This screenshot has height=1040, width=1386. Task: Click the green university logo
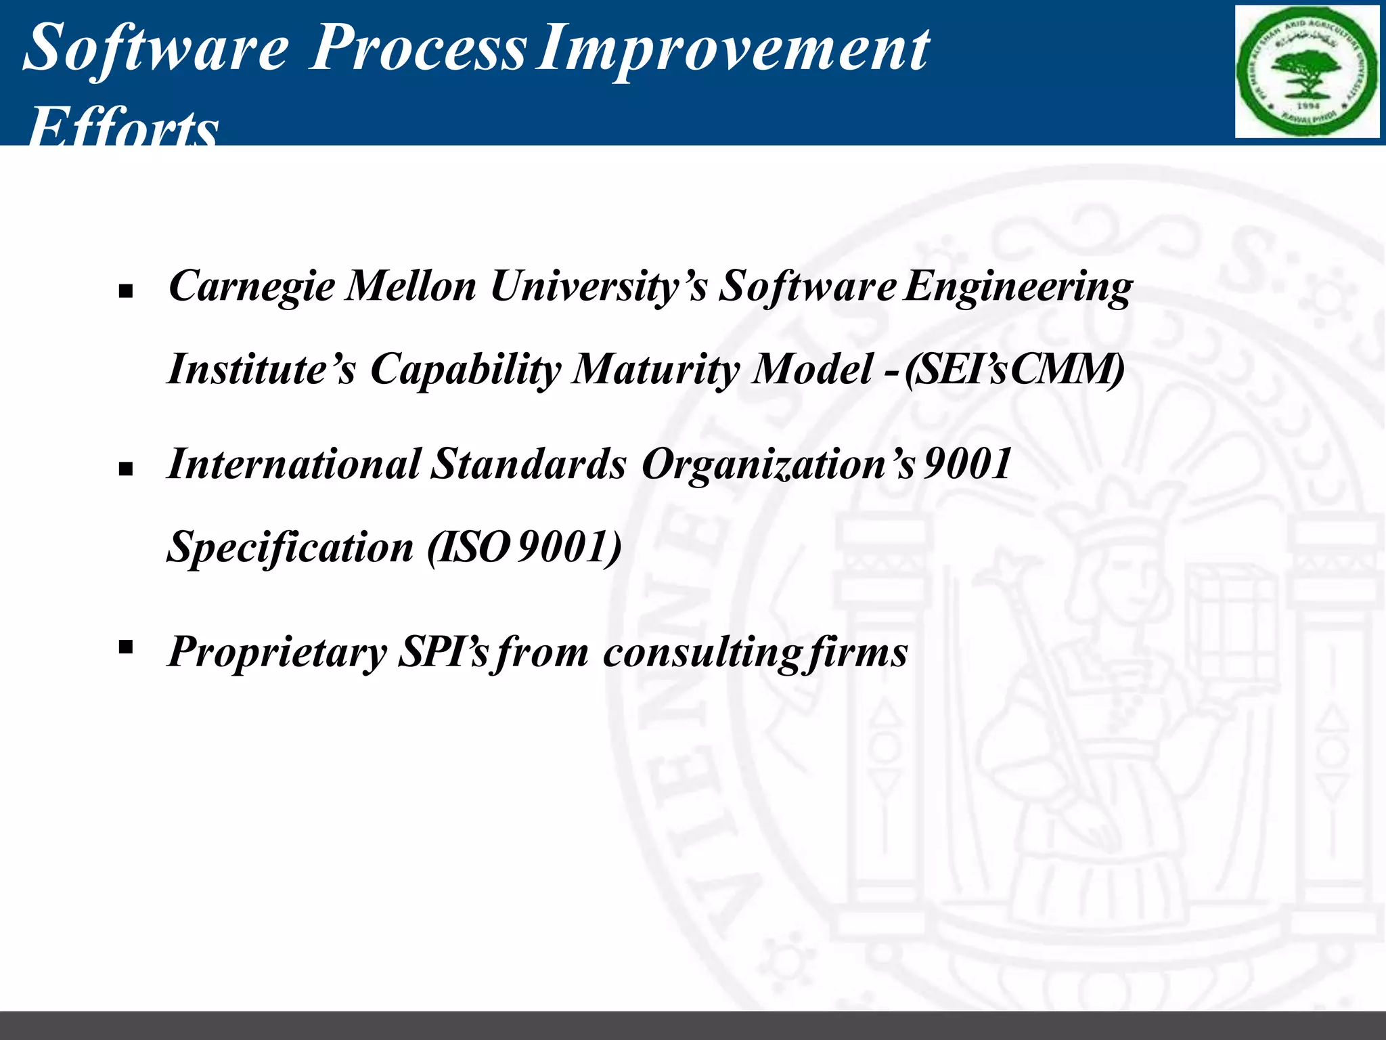[1306, 72]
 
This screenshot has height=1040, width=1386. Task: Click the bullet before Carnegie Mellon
[125, 292]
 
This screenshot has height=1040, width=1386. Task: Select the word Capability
[465, 371]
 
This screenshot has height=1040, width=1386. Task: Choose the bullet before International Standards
[125, 469]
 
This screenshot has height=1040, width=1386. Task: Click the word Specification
[290, 547]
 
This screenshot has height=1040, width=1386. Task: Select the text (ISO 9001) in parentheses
[524, 547]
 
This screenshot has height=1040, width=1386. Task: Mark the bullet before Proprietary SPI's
[125, 648]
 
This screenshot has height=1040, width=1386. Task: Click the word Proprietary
[277, 653]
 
